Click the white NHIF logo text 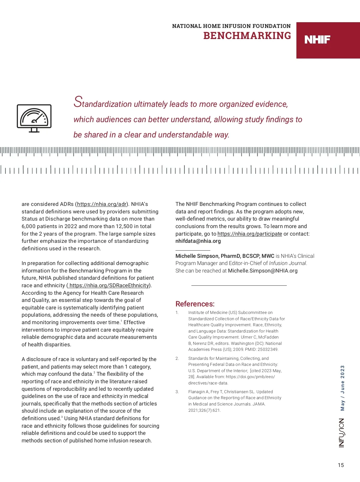point(317,40)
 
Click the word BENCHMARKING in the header point(247,36)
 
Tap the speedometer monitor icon point(34,118)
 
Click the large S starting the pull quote point(78,102)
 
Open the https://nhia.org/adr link point(102,204)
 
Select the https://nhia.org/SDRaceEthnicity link point(109,285)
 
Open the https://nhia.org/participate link point(250,234)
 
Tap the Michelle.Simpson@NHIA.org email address point(262,271)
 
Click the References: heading point(195,304)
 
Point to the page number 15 point(341,465)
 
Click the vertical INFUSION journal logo point(342,433)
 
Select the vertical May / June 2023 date point(342,388)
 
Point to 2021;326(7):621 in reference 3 point(204,410)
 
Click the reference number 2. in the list point(177,358)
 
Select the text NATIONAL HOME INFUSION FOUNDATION point(231,26)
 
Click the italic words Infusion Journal point(288,263)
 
